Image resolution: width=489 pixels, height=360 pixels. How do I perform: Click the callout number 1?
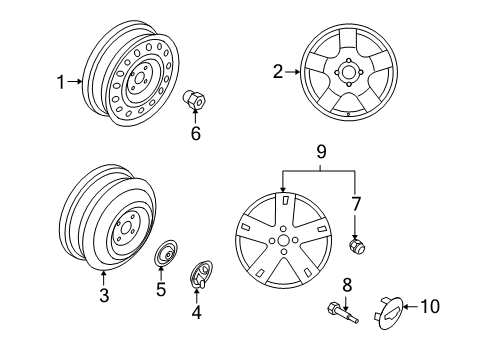tap(60, 82)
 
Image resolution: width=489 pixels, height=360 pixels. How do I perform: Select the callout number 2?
tap(277, 71)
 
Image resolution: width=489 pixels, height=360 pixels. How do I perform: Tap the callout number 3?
tap(102, 296)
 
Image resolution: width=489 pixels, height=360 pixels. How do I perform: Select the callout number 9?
tap(321, 153)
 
